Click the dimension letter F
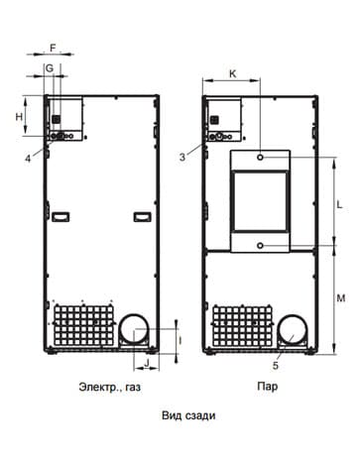coord(53,48)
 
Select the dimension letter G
coord(49,68)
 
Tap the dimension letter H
coord(19,116)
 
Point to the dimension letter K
coord(233,73)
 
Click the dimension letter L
coord(339,205)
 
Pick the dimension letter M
coord(340,298)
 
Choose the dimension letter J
coord(148,362)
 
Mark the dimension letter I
coord(180,341)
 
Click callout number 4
coord(28,159)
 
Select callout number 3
coord(182,158)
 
